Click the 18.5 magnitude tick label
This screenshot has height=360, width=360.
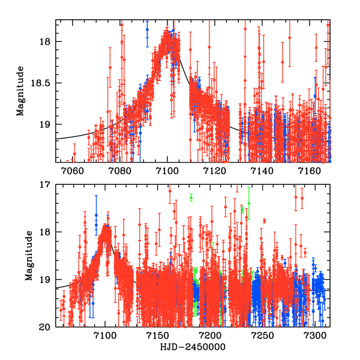click(41, 83)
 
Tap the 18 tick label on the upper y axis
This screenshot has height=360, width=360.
click(46, 42)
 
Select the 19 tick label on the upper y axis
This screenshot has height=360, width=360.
click(46, 125)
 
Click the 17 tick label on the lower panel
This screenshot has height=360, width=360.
click(46, 185)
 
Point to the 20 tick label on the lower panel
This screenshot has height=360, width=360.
click(46, 327)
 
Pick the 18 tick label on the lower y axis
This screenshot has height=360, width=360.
click(46, 232)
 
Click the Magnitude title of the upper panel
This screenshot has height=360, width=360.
click(20, 91)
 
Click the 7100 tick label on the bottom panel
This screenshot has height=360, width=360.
click(106, 336)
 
